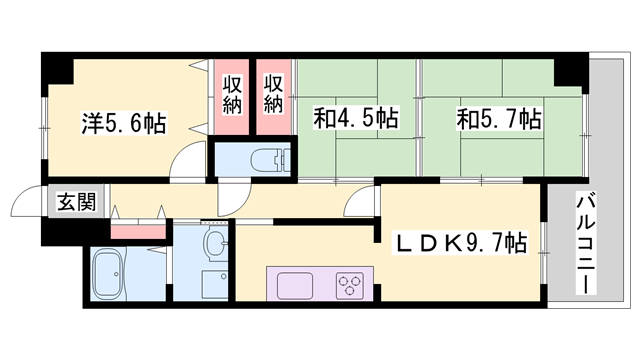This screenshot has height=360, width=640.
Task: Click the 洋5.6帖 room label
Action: pos(123,125)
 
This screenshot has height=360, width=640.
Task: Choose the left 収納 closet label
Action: pos(232,94)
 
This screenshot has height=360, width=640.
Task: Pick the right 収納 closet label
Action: pos(274,94)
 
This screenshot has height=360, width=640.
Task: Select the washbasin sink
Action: pos(213,245)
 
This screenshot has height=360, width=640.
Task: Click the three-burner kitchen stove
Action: pos(351,283)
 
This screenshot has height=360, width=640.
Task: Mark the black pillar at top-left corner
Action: pos(58,67)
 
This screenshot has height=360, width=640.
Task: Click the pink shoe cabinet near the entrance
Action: pos(138,231)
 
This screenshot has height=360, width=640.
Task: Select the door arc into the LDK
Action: pos(357,207)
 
